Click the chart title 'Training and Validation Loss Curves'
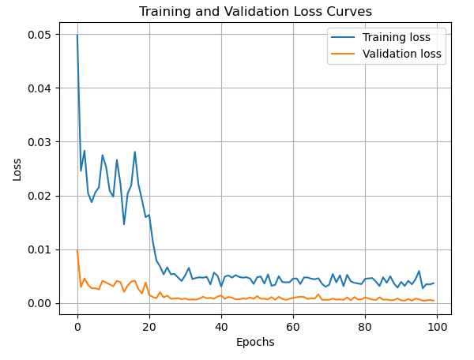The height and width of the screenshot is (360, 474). [x=255, y=12]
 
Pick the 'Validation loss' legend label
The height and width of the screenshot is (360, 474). [x=401, y=54]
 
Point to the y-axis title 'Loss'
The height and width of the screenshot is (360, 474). [x=17, y=168]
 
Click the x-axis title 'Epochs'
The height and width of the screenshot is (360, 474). [x=255, y=342]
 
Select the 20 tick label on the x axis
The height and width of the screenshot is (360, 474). [x=149, y=325]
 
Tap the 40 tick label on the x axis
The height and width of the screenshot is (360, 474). [x=221, y=325]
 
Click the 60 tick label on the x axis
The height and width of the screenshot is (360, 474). [x=293, y=325]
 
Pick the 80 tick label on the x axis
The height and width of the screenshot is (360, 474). [x=365, y=325]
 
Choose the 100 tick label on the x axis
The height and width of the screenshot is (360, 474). [x=437, y=325]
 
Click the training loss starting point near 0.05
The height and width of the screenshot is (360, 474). [x=77, y=36]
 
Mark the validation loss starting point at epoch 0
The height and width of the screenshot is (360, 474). [x=77, y=251]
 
